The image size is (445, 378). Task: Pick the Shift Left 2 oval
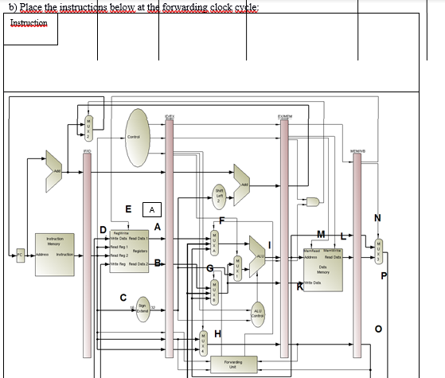pos(220,195)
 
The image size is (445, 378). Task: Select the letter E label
pos(128,209)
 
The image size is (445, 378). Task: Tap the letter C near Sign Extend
pos(123,297)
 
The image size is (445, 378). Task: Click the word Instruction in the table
pos(29,23)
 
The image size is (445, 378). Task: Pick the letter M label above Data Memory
pos(320,232)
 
